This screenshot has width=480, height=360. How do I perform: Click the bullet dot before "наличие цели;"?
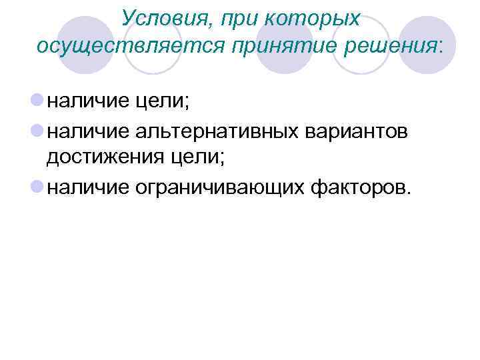click(37, 101)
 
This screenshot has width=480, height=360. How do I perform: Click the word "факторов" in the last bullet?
click(360, 189)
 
